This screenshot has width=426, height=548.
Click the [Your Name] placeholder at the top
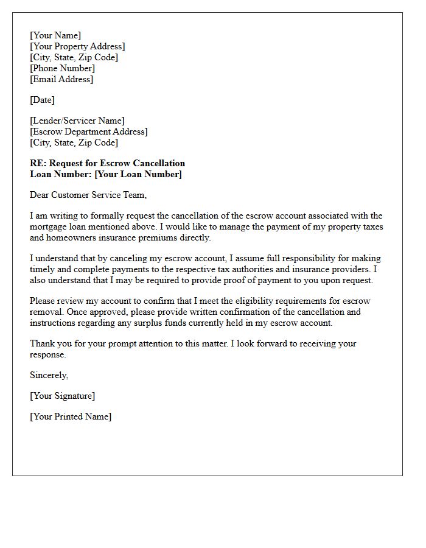[x=55, y=35]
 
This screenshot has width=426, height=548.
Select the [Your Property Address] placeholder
[x=77, y=46]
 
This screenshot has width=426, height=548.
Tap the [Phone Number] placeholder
[x=62, y=68]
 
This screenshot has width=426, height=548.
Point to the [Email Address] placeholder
[x=61, y=79]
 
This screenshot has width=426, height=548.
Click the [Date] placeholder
[x=42, y=100]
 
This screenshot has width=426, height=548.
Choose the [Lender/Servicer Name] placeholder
[x=77, y=121]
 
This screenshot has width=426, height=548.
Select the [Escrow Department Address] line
[x=88, y=132]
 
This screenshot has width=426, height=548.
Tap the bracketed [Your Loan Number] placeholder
[x=138, y=174]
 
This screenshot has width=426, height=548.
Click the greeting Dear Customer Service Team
[x=88, y=195]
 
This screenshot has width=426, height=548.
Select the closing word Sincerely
[x=49, y=375]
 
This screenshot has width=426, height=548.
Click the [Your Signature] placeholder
[x=62, y=396]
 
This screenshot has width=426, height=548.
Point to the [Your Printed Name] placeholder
[x=71, y=416]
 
